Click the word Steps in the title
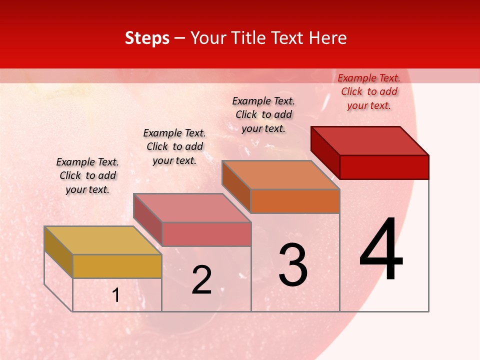(147, 38)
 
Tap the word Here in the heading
(328, 38)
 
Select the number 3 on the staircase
(293, 265)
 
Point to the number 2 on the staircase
(202, 280)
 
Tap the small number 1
(116, 295)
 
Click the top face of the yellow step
(102, 240)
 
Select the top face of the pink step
(192, 208)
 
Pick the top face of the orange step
(281, 175)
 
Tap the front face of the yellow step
(117, 266)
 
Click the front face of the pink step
(206, 234)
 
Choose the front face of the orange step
(295, 201)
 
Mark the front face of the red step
(384, 167)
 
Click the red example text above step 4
(369, 91)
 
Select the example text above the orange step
(263, 114)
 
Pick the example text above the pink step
(174, 146)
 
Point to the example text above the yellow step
(87, 175)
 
